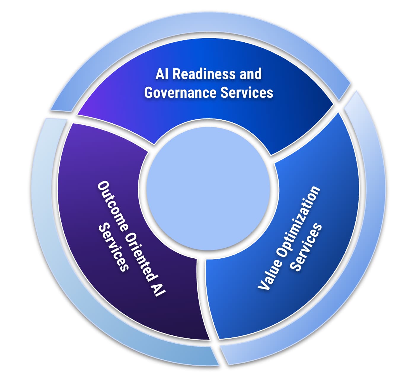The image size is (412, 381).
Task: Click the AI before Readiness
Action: (x=162, y=74)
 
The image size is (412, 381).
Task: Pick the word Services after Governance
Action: (x=247, y=92)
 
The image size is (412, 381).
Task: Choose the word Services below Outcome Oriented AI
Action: (x=114, y=247)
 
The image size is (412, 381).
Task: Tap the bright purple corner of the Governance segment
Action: (x=86, y=111)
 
